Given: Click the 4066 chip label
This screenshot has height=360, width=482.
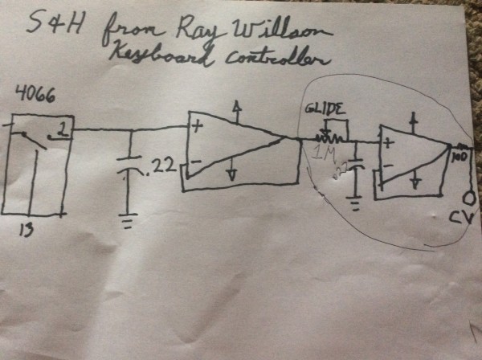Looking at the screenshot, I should tap(34, 94).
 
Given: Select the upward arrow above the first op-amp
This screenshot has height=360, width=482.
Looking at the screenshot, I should tap(234, 107).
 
